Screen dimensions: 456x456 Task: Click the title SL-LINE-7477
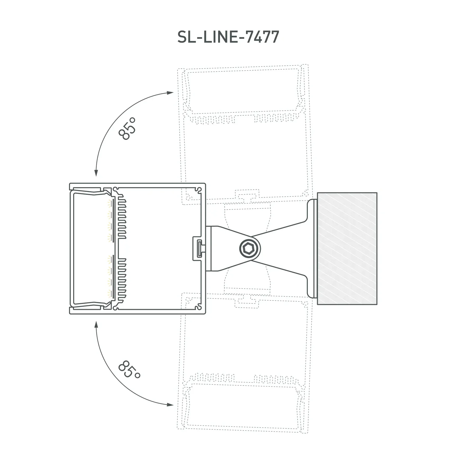click(228, 37)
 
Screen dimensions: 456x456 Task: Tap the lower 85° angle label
click(129, 369)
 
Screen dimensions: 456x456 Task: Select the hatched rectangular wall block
click(347, 248)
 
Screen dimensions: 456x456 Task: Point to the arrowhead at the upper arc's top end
click(170, 93)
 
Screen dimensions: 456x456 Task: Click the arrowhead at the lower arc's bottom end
click(170, 405)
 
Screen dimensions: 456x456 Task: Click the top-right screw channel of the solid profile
click(198, 190)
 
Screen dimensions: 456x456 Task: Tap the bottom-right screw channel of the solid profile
click(198, 308)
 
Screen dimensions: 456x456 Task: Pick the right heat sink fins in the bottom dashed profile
click(276, 378)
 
